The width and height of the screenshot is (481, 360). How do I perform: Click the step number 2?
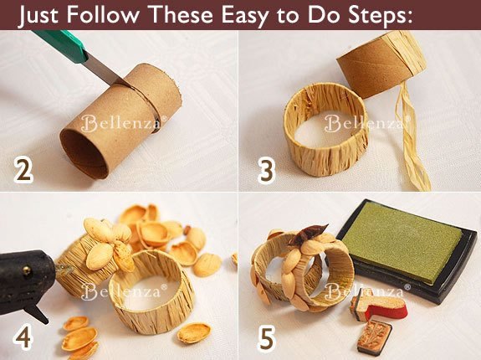[23, 171]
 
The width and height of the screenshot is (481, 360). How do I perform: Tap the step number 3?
[266, 172]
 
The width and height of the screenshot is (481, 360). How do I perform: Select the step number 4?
[23, 337]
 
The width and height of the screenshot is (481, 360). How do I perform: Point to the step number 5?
[267, 338]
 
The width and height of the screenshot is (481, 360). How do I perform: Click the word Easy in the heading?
[244, 14]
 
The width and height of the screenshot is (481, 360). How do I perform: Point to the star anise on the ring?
[307, 234]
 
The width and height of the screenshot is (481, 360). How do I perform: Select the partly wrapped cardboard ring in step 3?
[381, 62]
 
